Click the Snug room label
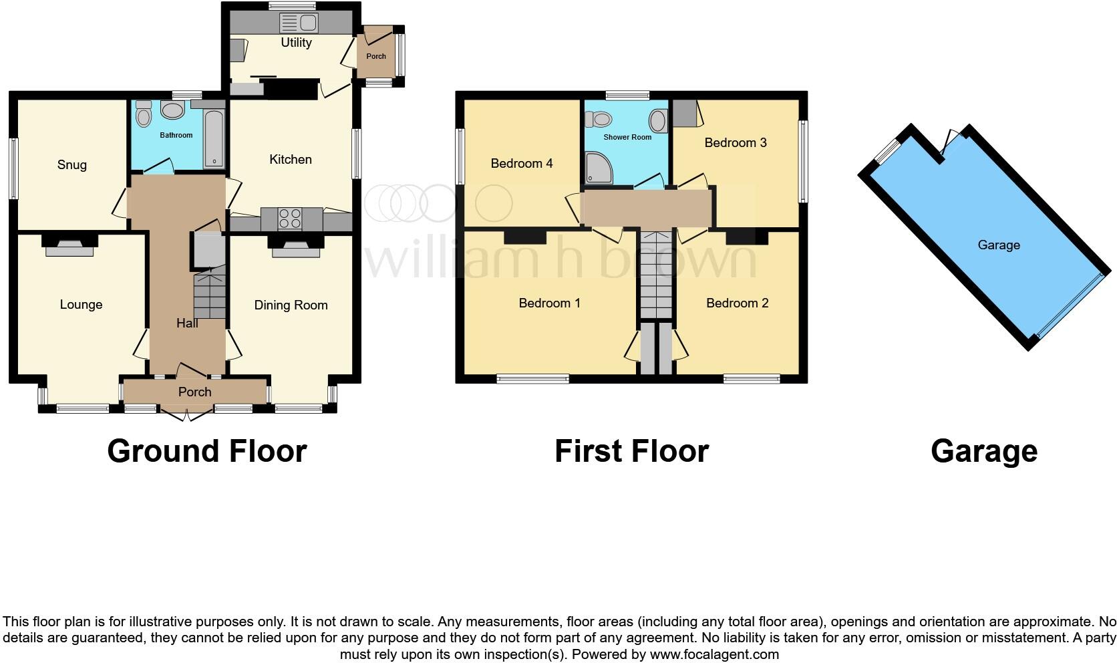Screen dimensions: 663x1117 (x=72, y=165)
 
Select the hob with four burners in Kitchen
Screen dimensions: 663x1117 (x=290, y=219)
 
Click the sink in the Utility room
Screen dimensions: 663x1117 (x=299, y=23)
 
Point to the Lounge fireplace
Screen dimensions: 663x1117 (x=69, y=247)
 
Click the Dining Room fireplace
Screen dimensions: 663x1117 (x=295, y=247)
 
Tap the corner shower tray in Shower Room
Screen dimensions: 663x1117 (x=595, y=168)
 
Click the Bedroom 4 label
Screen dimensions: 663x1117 (x=522, y=164)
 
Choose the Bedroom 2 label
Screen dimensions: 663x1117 (x=737, y=303)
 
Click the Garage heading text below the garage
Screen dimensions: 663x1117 (x=984, y=451)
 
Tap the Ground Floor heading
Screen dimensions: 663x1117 (x=207, y=451)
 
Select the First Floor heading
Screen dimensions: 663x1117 (x=631, y=451)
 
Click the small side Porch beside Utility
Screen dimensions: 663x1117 (x=376, y=56)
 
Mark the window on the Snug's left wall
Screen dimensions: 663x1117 (x=13, y=168)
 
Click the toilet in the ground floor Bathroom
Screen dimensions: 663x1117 (x=142, y=116)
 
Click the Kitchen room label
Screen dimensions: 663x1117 (x=291, y=160)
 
